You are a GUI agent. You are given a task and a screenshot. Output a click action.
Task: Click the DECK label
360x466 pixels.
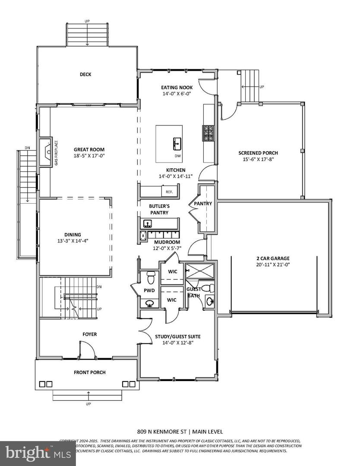(85, 75)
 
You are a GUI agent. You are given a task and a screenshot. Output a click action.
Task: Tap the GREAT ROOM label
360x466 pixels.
(89, 150)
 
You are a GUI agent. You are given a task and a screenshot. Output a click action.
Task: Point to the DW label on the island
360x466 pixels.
(177, 156)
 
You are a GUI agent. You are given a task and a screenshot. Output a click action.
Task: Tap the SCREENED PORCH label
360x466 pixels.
(258, 153)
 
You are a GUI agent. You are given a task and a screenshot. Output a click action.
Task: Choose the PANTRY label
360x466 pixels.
(202, 203)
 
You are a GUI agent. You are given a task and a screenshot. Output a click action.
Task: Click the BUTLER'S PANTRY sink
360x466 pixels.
(148, 224)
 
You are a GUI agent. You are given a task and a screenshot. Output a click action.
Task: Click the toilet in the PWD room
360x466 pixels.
(151, 274)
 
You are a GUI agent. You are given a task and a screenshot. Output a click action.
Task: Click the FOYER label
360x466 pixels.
(90, 334)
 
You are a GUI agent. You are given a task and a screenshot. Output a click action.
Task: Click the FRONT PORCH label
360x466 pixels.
(90, 372)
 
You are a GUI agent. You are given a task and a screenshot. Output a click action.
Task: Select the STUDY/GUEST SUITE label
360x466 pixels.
(177, 337)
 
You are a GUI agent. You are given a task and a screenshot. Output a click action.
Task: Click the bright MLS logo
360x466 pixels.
(35, 453)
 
